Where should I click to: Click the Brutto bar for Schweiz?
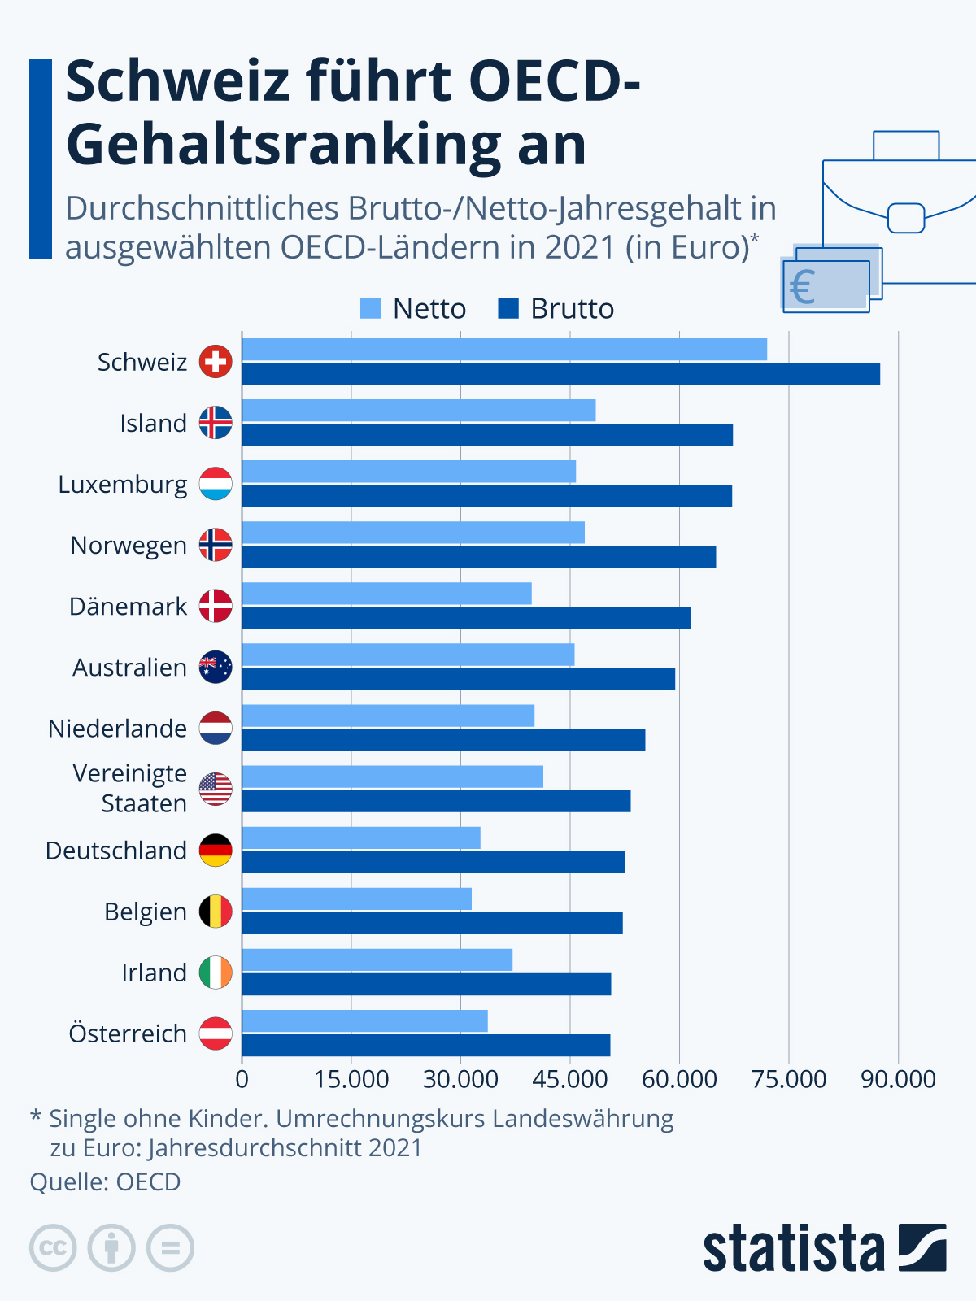[561, 374]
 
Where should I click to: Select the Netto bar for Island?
[419, 411]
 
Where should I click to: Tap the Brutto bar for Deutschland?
[434, 862]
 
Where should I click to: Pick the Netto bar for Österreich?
[365, 1021]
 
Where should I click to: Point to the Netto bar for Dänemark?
[387, 594]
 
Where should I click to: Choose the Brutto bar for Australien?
[459, 679]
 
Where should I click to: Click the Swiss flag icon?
[216, 362]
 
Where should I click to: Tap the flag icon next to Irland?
[216, 972]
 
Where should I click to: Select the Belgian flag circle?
[216, 912]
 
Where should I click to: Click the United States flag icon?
[216, 789]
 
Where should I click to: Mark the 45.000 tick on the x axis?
[570, 1079]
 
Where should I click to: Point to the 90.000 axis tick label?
[898, 1079]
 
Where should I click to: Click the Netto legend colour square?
[370, 309]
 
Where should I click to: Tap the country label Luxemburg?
[123, 485]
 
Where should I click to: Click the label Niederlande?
[118, 729]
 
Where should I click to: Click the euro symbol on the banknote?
[803, 288]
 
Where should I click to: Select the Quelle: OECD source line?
[106, 1181]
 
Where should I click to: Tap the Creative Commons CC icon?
[53, 1247]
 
